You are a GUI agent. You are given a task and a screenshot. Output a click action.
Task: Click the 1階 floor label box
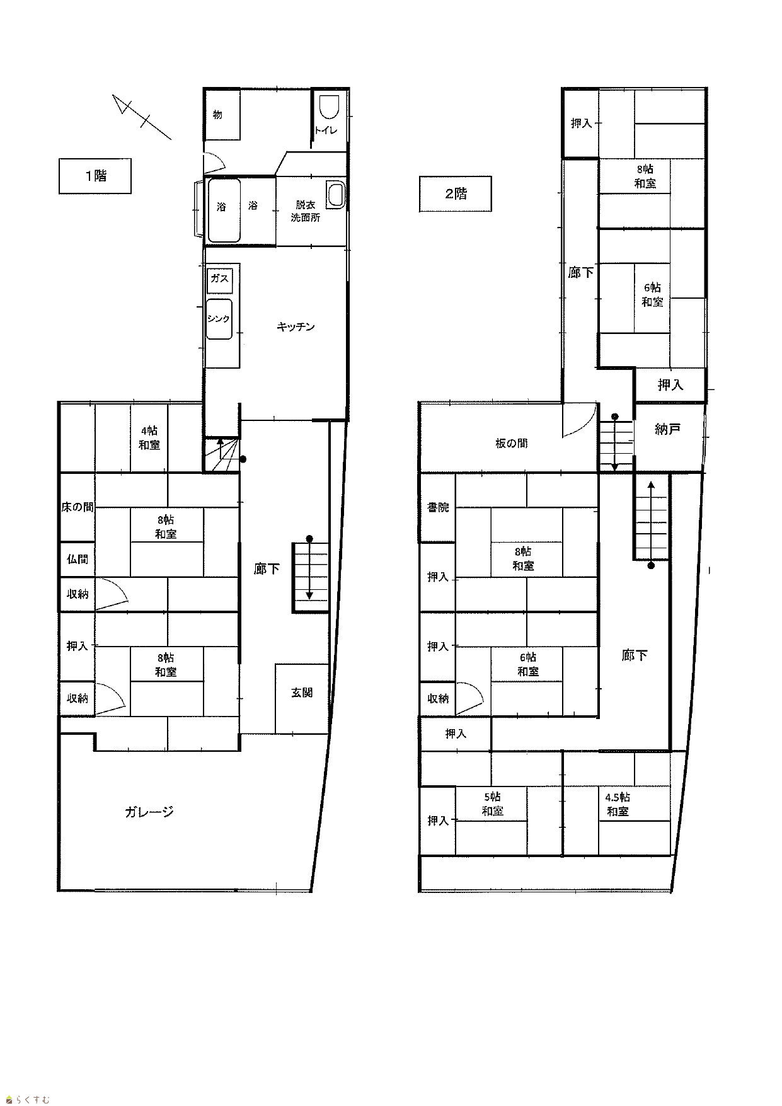(95, 176)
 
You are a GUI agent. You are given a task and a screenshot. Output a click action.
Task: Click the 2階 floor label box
(456, 193)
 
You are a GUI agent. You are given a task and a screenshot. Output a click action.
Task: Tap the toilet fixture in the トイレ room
(329, 108)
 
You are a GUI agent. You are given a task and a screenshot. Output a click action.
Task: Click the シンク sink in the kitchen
(219, 320)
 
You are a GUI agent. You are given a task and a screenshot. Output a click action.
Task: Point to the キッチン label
(296, 326)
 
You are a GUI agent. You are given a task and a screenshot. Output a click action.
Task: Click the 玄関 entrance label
(302, 693)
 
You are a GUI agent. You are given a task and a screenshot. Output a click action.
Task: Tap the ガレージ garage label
(149, 812)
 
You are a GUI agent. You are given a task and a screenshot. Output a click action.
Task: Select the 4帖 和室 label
(149, 438)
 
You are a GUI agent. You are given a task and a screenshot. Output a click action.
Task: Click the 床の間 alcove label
(78, 507)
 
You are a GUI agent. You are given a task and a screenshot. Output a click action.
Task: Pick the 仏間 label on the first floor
(78, 559)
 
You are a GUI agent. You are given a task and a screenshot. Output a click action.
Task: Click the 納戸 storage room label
(668, 429)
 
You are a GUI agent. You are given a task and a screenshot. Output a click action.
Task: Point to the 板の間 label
(511, 443)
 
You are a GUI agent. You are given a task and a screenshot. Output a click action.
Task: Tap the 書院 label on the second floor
(438, 507)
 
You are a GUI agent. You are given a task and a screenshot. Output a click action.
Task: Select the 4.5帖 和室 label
(618, 804)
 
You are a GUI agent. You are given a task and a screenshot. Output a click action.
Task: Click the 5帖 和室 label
(492, 804)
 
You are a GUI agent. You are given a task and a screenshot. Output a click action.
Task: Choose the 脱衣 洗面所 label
(305, 211)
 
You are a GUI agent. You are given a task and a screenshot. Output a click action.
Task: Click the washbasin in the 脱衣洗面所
(335, 194)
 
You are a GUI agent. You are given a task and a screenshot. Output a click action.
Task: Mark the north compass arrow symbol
(142, 117)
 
